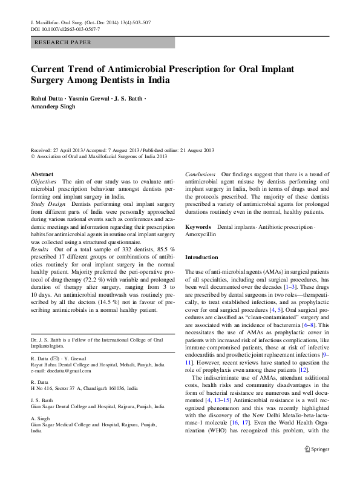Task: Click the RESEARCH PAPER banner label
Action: click(64, 42)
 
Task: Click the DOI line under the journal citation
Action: click(65, 29)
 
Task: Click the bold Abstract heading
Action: click(42, 174)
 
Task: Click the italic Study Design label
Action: click(48, 205)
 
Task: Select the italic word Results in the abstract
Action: click(39, 249)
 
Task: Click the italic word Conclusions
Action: click(200, 174)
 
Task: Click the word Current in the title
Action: click(50, 68)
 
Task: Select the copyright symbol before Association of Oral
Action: click(33, 157)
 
